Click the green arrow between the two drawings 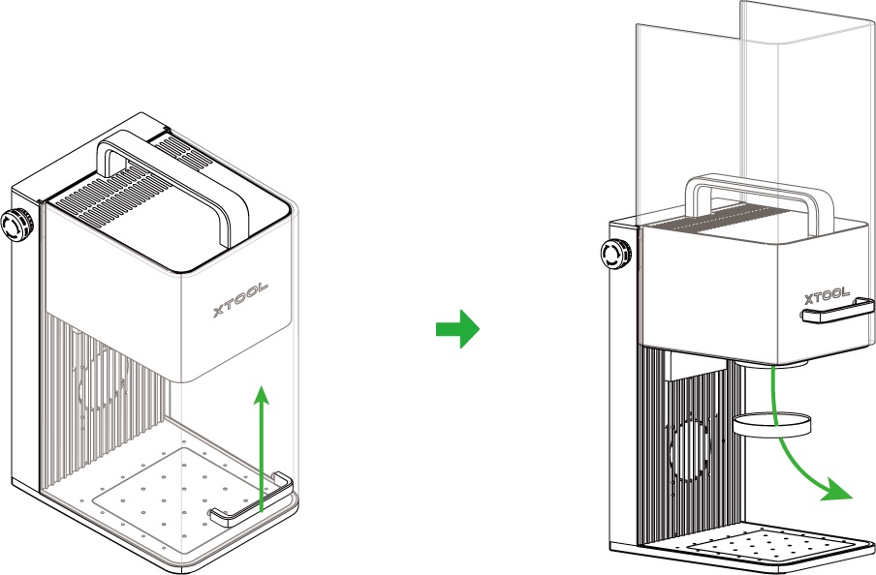(x=456, y=328)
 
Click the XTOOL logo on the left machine (x=240, y=299)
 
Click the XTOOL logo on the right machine (x=826, y=294)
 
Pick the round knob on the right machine (x=614, y=255)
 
